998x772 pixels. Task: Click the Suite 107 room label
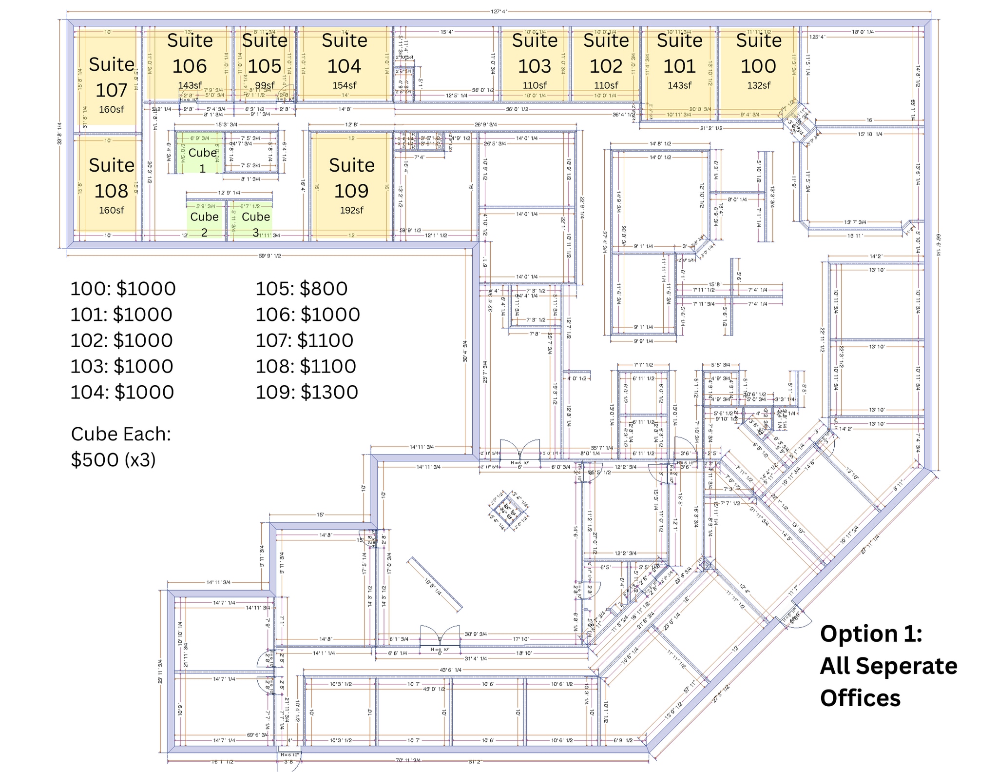(112, 77)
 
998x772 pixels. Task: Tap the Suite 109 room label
(351, 178)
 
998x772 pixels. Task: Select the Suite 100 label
(758, 53)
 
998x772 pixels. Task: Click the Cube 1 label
(202, 160)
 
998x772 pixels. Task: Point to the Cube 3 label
(255, 224)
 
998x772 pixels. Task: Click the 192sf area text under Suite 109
(351, 210)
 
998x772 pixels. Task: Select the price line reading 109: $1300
(307, 392)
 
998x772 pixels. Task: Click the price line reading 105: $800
(301, 288)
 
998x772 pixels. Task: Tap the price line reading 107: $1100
(304, 340)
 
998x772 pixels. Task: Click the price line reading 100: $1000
(123, 288)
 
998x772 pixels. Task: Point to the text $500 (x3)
(113, 459)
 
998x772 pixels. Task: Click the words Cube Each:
(121, 434)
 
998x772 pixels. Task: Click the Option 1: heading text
(871, 633)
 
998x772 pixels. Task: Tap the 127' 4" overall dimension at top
(499, 11)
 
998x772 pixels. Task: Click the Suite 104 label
(344, 53)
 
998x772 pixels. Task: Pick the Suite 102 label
(606, 53)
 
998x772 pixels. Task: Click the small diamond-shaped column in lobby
(509, 512)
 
